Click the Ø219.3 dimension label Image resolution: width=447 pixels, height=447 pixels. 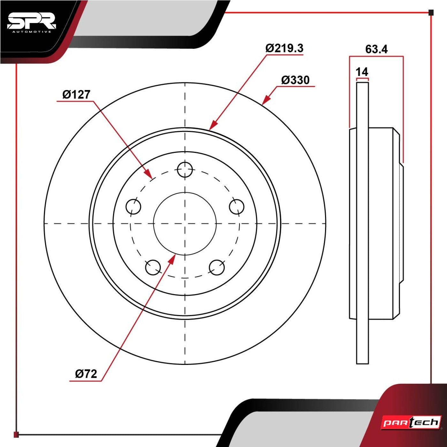coord(284,48)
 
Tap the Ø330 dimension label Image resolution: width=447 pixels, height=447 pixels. coord(296,80)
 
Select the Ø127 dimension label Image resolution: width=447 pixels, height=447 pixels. coord(76,95)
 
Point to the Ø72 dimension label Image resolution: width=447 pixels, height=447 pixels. coord(86,374)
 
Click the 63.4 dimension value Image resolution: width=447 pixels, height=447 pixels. coord(376,49)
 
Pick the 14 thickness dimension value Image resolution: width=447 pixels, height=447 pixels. coord(362,72)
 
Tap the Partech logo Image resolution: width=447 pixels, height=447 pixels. coord(412,422)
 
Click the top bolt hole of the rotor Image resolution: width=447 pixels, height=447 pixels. coord(185,170)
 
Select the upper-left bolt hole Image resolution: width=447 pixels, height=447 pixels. coord(133,207)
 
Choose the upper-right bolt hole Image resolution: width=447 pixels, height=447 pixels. coord(236,207)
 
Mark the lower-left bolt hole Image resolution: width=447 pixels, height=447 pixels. coord(153,267)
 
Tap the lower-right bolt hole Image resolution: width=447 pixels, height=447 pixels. coord(217,267)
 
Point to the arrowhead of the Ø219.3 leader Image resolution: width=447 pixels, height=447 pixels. coord(213,125)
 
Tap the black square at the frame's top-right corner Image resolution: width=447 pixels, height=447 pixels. coord(431,12)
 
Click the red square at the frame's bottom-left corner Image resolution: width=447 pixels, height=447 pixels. coord(16,434)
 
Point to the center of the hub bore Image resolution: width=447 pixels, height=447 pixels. coord(185,223)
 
